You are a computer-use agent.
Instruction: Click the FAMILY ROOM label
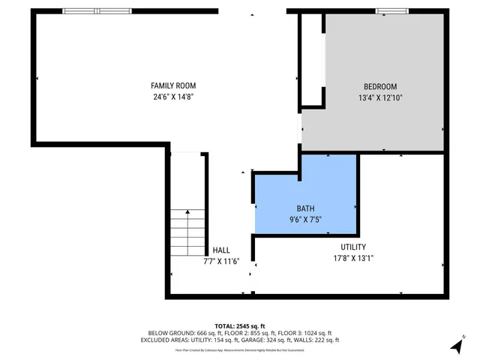coord(173,86)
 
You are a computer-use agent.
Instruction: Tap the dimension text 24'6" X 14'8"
coord(173,97)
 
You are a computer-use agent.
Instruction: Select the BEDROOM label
coord(380,87)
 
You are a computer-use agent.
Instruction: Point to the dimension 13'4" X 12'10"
coord(380,97)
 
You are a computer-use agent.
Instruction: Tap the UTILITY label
coord(353,247)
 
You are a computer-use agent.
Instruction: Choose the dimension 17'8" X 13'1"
coord(353,258)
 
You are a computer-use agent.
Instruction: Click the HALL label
coord(221,250)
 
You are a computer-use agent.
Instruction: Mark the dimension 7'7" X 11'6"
coord(221,261)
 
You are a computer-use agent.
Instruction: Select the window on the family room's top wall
coord(97,11)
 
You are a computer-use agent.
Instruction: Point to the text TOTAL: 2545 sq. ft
coord(240,325)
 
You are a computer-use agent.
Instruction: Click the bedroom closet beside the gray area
coord(312,60)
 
